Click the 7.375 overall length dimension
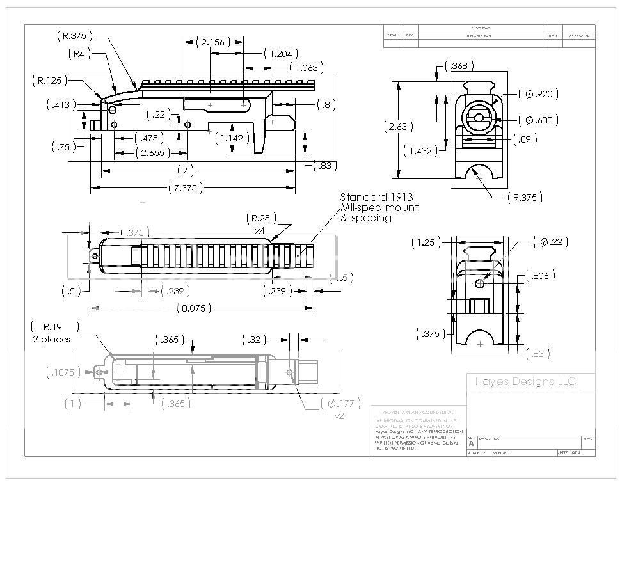click(x=185, y=187)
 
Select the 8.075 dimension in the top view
click(x=191, y=308)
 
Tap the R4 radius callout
click(x=79, y=54)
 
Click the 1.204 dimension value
click(x=282, y=54)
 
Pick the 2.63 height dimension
click(x=398, y=127)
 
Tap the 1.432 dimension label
click(x=422, y=150)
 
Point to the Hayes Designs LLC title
click(x=525, y=382)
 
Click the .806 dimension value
click(x=540, y=276)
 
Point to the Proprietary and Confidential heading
click(x=417, y=413)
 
